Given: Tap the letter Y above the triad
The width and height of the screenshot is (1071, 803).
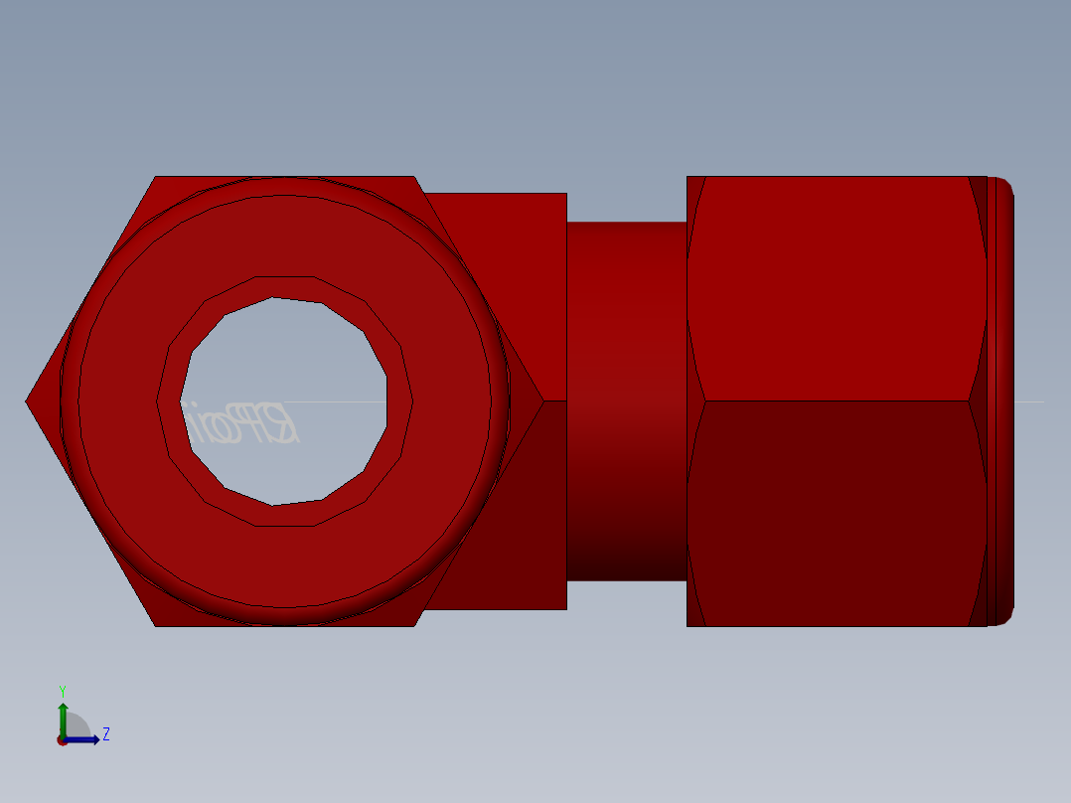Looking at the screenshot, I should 63,691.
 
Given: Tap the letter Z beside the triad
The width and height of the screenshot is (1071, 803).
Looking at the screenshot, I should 106,734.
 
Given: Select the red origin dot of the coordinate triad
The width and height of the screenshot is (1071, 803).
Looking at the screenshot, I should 62,740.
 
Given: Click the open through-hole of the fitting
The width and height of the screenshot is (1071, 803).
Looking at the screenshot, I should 288,358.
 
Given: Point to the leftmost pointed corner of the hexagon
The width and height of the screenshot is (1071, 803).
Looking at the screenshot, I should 28,401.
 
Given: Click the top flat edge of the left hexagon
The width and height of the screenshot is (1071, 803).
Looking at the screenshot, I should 284,177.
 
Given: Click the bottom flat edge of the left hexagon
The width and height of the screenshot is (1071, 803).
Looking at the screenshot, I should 284,626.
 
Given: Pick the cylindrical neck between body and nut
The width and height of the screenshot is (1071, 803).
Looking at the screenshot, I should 626,398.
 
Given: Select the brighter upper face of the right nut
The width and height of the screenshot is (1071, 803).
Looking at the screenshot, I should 835,288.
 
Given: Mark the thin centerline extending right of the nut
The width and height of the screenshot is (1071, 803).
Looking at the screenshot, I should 1029,401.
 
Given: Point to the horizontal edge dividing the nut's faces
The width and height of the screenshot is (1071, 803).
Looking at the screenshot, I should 835,401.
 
